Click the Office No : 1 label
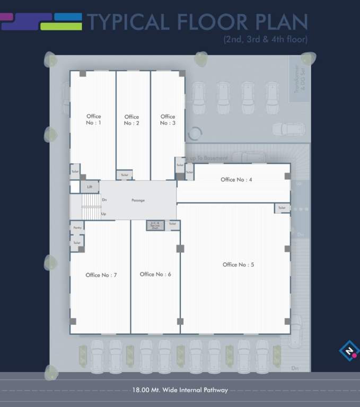click(x=93, y=119)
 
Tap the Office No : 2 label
click(x=131, y=120)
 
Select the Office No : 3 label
click(x=168, y=119)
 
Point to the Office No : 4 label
click(x=236, y=180)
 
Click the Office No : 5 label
click(x=238, y=264)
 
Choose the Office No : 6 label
click(x=155, y=275)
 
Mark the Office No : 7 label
click(x=101, y=275)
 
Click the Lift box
click(x=90, y=187)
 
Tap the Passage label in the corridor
click(x=138, y=200)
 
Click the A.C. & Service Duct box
click(x=155, y=225)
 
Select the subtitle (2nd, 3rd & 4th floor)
click(x=265, y=39)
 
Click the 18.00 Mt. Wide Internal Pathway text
click(x=180, y=390)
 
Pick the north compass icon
click(x=348, y=351)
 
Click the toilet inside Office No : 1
click(x=75, y=171)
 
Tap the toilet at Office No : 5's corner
click(x=282, y=208)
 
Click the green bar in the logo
click(x=60, y=26)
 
